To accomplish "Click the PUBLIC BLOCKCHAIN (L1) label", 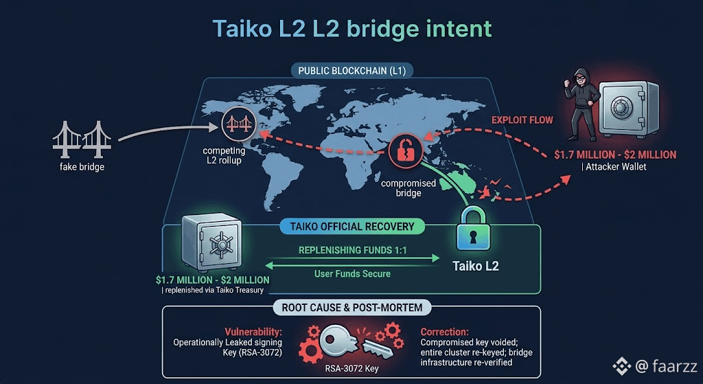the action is tap(352, 71).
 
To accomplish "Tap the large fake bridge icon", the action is tap(82, 139).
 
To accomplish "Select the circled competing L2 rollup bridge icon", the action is tap(238, 124).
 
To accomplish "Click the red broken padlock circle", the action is tap(406, 150).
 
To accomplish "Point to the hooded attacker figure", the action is tap(581, 104).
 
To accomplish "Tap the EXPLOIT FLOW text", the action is tap(522, 120).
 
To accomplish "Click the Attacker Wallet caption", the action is tap(614, 167).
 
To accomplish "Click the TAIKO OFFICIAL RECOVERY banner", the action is tap(352, 227).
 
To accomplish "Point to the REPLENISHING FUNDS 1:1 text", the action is tap(352, 250).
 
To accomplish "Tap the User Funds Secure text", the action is tap(352, 273).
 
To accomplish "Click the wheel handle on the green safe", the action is tap(221, 245).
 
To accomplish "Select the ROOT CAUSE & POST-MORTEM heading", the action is tap(352, 308).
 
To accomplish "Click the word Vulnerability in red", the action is tap(253, 332).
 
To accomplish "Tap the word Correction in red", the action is tap(444, 332).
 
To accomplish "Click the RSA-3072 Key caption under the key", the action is tap(352, 369).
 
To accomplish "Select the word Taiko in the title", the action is tap(240, 28).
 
